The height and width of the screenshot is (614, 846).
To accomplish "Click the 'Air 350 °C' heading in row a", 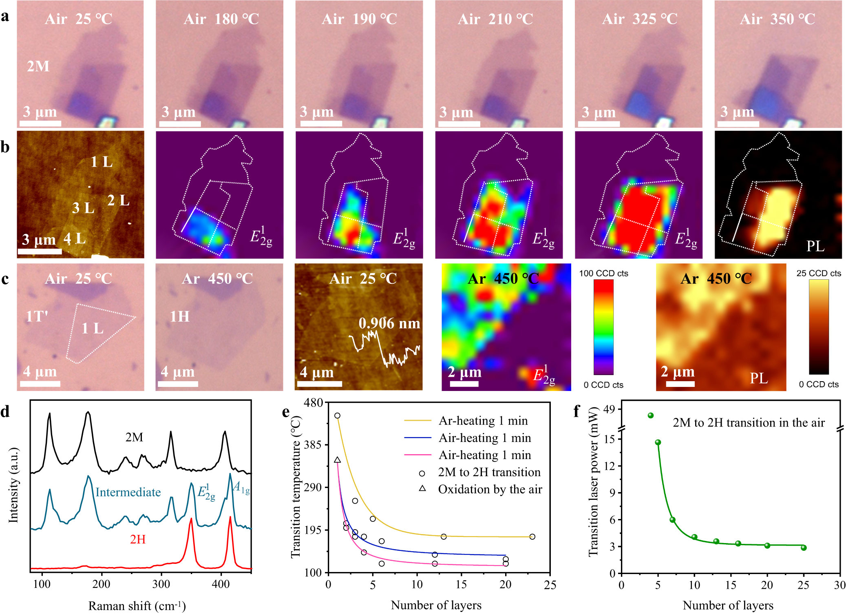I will click(777, 19).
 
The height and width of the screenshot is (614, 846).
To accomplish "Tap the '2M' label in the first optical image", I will click(38, 66).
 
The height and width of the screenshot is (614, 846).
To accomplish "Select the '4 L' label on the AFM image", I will click(75, 239).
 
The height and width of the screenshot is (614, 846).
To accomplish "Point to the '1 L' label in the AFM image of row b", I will click(102, 162).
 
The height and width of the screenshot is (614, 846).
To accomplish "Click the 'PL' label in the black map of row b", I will click(815, 246).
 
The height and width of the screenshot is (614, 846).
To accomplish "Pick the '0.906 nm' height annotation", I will click(389, 323).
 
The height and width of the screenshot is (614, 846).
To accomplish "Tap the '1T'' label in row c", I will click(37, 316).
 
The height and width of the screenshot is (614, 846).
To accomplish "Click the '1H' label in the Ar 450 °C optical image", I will click(180, 316).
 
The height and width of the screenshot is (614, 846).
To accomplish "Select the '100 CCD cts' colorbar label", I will click(603, 274).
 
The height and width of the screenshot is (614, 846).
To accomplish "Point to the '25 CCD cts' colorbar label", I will click(819, 274).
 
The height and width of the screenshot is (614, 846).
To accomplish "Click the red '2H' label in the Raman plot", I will click(138, 539).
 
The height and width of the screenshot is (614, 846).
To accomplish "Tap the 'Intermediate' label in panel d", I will click(128, 492).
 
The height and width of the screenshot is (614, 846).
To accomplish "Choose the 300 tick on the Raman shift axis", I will click(161, 584).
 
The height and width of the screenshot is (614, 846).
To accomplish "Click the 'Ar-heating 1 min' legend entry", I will click(483, 420).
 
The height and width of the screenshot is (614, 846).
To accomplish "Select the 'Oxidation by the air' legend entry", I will click(490, 489).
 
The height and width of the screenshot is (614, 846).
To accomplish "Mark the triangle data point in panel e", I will click(337, 460).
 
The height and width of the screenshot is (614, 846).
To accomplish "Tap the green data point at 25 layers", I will click(804, 548).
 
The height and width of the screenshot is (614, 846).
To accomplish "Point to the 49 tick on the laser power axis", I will click(609, 409).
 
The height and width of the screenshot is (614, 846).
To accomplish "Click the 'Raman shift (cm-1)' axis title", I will click(137, 606).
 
